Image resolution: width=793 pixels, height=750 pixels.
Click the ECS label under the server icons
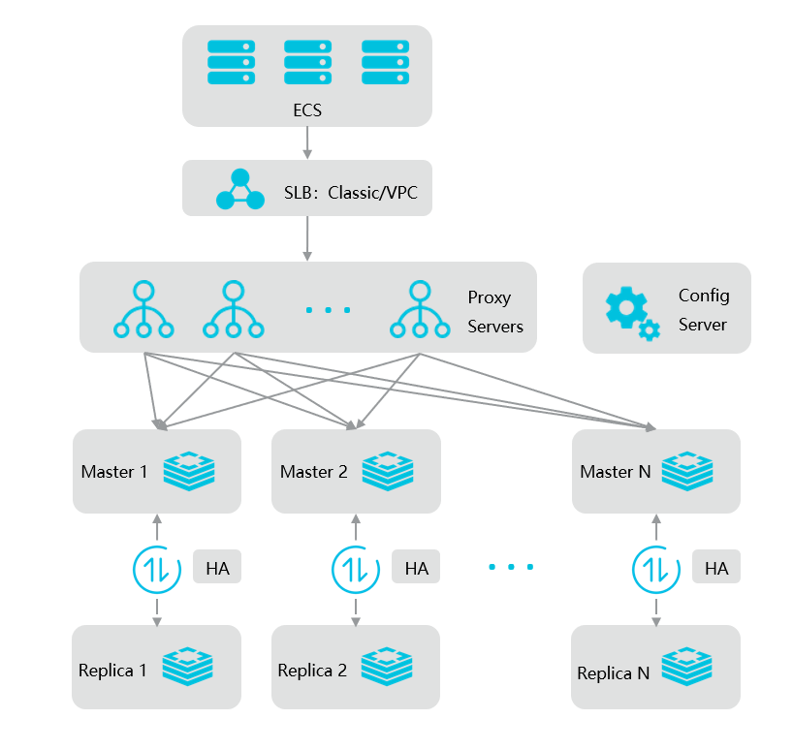[x=307, y=110]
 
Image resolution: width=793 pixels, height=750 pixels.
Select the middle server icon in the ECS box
[x=308, y=62]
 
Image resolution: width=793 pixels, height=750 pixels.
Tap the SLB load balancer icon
[x=239, y=190]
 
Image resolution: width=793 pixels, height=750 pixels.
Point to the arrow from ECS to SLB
[x=307, y=142]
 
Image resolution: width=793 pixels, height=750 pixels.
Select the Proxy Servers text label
[x=494, y=312]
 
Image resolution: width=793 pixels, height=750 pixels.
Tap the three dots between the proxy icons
[x=328, y=310]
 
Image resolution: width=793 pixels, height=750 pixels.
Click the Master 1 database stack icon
[x=189, y=471]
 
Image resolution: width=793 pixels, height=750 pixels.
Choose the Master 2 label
[x=313, y=472]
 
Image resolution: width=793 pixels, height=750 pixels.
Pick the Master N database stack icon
[x=687, y=471]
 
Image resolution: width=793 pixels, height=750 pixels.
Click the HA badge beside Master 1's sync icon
[x=217, y=568]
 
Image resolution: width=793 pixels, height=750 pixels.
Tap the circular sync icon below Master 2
[x=355, y=568]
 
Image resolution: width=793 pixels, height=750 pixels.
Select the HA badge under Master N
[x=716, y=568]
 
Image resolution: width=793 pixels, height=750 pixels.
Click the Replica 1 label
[x=113, y=671]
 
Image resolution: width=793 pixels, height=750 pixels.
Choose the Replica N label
[x=613, y=673]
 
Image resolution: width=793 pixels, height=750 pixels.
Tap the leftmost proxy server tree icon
[x=143, y=310]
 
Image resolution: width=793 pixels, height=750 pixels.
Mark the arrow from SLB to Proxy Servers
[x=307, y=237]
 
